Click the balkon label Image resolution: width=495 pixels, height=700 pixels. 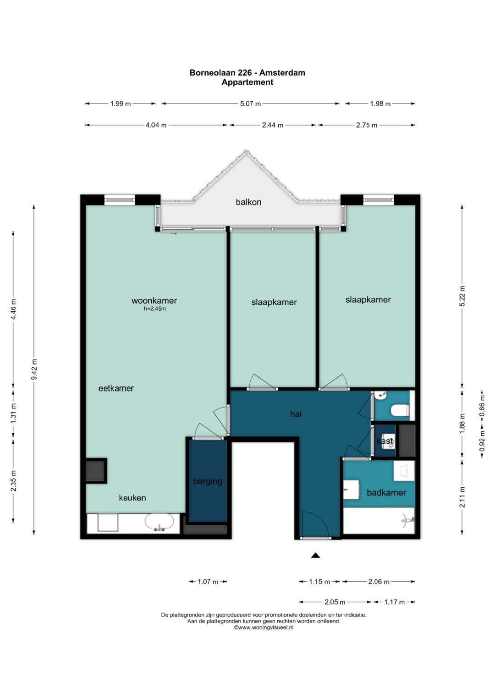click(x=248, y=202)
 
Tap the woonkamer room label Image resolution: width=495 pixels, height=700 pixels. click(x=154, y=301)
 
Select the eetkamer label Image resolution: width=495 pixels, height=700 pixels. click(x=116, y=388)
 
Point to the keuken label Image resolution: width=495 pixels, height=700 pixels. click(x=132, y=497)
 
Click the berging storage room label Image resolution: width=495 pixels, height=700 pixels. click(x=208, y=481)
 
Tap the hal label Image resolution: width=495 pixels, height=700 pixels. click(x=296, y=414)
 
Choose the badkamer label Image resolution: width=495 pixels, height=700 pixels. click(x=386, y=492)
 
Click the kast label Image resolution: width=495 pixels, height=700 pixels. click(x=385, y=441)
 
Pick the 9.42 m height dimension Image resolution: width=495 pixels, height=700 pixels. click(x=34, y=369)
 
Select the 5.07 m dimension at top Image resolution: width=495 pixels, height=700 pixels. click(x=250, y=104)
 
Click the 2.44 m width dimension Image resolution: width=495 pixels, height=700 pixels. click(x=273, y=125)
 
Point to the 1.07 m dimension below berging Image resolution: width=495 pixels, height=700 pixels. click(x=208, y=582)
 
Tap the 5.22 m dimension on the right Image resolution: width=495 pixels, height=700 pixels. click(x=462, y=296)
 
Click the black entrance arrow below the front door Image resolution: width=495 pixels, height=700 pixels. click(x=315, y=555)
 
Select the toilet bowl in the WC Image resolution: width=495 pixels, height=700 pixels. click(x=400, y=410)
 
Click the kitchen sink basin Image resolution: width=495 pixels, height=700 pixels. click(x=159, y=522)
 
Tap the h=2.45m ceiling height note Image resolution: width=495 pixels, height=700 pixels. click(x=155, y=309)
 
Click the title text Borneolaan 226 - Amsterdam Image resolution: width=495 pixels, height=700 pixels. click(x=247, y=72)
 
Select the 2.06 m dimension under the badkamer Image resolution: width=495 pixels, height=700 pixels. click(x=379, y=582)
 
